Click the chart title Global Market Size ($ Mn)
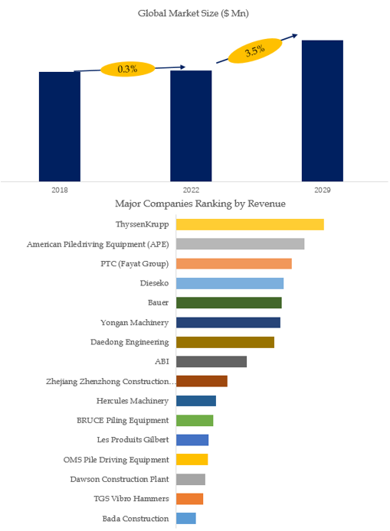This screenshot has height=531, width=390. coord(193,14)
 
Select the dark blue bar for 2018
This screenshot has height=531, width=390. coord(60,127)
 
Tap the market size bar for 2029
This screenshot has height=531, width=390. coord(323,111)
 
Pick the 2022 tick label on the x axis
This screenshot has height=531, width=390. coord(191,191)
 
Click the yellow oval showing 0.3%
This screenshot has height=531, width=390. coord(127,69)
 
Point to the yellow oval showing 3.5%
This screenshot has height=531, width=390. coord(255,50)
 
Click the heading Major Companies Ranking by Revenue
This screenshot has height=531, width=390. coord(200,204)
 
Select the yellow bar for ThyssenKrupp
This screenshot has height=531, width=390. coord(250,224)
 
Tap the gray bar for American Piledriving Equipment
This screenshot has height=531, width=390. coord(240,244)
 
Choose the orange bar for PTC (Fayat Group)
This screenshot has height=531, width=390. coord(234,263)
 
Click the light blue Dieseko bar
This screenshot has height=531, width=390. coord(230,283)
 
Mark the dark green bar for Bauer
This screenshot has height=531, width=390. coord(229,303)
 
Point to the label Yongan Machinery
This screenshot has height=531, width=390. coord(135,323)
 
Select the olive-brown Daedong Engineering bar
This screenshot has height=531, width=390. coord(225,342)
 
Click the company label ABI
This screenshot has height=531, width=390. coord(162,362)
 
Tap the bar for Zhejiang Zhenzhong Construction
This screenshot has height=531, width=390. coord(202,381)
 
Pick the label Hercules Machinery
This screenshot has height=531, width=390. coord(133,401)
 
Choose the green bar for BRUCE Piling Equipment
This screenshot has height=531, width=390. coord(195,420)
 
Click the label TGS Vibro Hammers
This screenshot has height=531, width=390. coord(132,499)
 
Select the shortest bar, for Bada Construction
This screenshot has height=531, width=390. coord(186,518)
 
